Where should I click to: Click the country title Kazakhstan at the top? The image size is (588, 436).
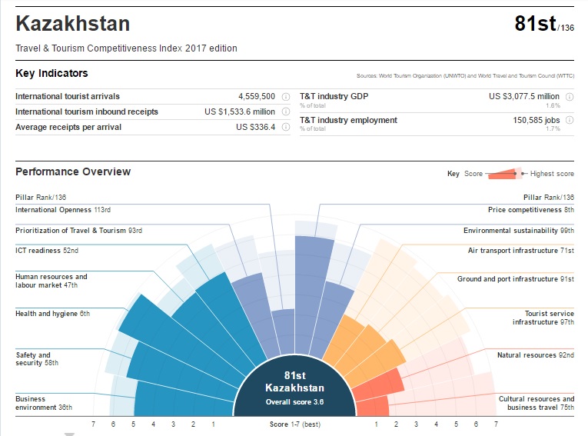tap(72, 24)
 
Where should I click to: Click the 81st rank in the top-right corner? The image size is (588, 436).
tap(535, 25)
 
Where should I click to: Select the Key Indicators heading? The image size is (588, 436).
tap(51, 74)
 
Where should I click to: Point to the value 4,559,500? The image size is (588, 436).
tap(257, 97)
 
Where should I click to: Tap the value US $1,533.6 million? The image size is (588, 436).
tap(240, 112)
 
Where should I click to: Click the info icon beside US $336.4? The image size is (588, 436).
tap(286, 127)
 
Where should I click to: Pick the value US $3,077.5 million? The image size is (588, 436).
tap(525, 97)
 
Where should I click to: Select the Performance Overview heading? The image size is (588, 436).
tap(73, 171)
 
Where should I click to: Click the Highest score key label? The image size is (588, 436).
tap(552, 174)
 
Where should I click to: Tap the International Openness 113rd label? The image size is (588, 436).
tap(63, 210)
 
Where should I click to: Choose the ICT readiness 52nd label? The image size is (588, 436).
tap(47, 251)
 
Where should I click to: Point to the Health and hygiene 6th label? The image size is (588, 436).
tap(52, 314)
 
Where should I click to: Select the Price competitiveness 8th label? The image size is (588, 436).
tap(530, 210)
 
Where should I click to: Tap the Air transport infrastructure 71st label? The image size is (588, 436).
tap(520, 251)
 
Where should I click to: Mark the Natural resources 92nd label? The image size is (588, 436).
tap(535, 355)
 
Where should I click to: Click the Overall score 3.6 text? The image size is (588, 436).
tap(294, 401)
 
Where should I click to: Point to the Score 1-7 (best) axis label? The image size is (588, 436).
tap(294, 424)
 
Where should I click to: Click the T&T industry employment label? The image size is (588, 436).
tap(348, 120)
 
